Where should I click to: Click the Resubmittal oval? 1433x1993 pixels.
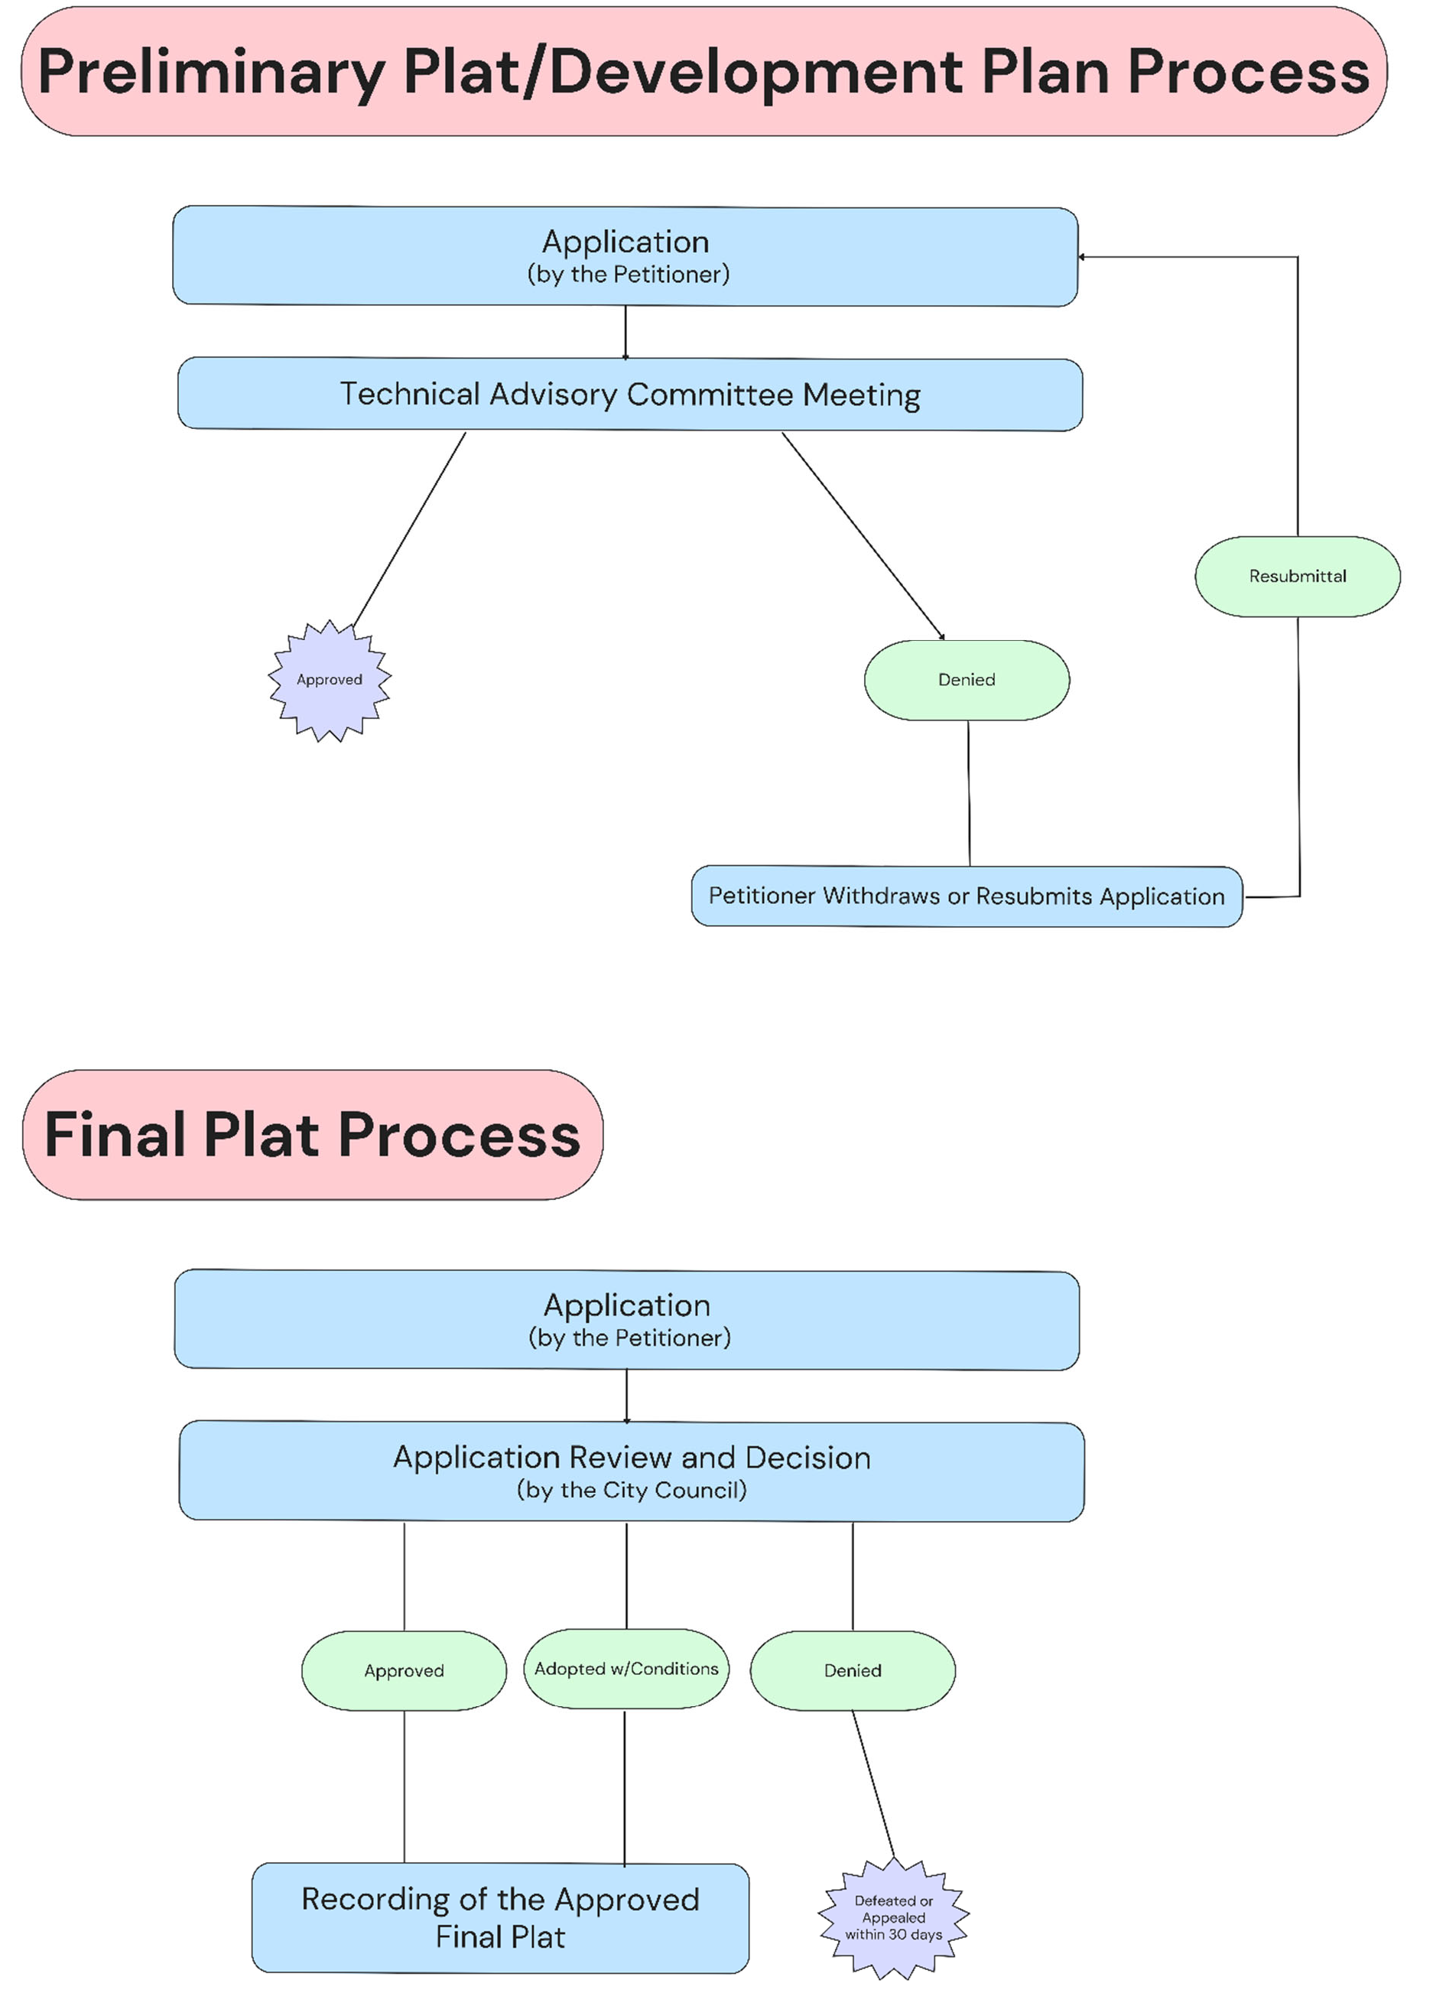(x=1297, y=577)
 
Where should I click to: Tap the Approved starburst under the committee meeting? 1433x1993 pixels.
(x=330, y=680)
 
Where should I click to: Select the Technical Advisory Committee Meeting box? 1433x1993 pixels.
(x=629, y=395)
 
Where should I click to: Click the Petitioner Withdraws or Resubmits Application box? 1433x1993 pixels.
(x=967, y=896)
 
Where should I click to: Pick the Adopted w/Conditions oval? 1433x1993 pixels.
(x=626, y=1669)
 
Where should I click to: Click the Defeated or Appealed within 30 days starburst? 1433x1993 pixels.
(x=894, y=1917)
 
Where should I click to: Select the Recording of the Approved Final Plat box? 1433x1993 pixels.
(x=500, y=1917)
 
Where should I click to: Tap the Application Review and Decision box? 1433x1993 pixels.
(x=631, y=1471)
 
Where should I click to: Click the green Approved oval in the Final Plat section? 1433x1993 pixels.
(x=405, y=1670)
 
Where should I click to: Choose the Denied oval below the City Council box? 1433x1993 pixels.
(x=853, y=1670)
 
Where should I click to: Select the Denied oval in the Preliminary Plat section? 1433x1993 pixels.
(x=967, y=680)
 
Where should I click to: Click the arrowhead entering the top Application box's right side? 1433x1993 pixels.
(x=1083, y=258)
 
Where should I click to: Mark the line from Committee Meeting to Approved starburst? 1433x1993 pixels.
(x=408, y=527)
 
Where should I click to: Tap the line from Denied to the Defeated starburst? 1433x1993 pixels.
(x=873, y=1784)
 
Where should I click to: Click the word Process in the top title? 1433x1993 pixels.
(x=1248, y=72)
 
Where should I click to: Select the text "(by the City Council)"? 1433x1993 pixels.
(x=631, y=1491)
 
